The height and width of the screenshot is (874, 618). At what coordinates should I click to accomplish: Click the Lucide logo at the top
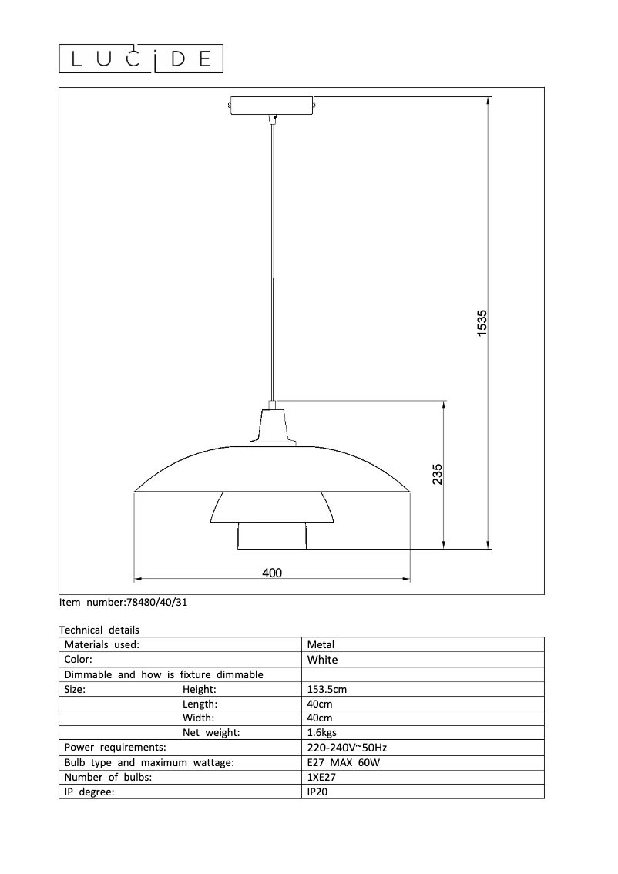click(x=141, y=59)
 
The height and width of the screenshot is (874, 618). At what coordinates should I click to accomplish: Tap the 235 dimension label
click(x=437, y=474)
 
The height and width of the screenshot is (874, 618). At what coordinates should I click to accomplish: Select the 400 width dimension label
click(x=272, y=573)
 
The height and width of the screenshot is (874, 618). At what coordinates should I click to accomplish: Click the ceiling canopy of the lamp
click(x=271, y=106)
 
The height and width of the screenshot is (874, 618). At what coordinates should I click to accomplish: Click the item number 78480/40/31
click(x=123, y=603)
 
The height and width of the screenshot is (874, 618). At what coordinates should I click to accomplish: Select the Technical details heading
click(x=99, y=630)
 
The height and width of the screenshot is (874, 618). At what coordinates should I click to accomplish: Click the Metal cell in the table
click(x=321, y=644)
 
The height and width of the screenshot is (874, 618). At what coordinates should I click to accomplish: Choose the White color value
click(x=322, y=660)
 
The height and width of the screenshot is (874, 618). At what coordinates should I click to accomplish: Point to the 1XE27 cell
click(x=321, y=777)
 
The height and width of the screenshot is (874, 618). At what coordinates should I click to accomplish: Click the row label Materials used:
click(x=102, y=644)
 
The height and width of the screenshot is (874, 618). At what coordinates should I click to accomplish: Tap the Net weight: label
click(x=211, y=732)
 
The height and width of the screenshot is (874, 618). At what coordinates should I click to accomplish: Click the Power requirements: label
click(x=115, y=748)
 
